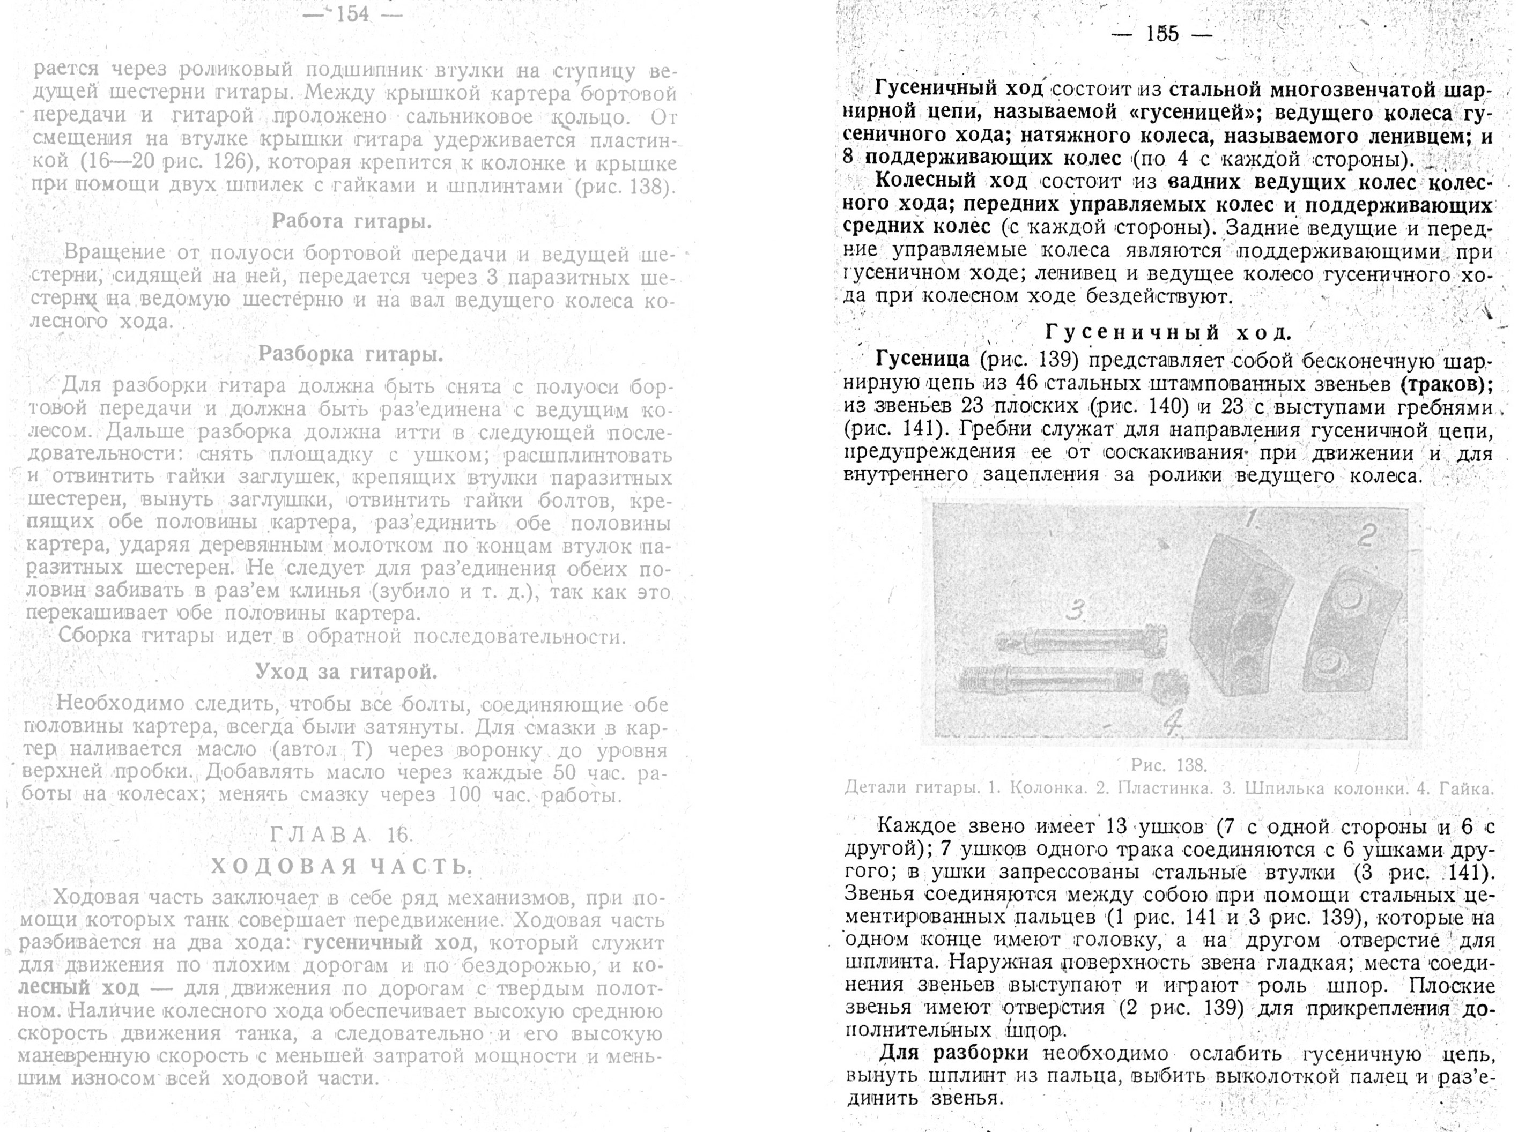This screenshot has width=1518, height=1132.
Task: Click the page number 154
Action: [352, 14]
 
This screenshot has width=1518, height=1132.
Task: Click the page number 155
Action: [1162, 34]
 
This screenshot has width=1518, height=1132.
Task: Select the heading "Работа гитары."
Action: [352, 221]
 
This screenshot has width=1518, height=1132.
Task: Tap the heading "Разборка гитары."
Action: [350, 354]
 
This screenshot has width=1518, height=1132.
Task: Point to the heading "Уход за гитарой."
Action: [346, 672]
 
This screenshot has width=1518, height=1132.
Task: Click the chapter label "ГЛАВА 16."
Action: [341, 835]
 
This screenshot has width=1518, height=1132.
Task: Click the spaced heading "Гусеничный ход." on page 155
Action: [1168, 333]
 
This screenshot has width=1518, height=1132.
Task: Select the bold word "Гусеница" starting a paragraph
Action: [922, 360]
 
